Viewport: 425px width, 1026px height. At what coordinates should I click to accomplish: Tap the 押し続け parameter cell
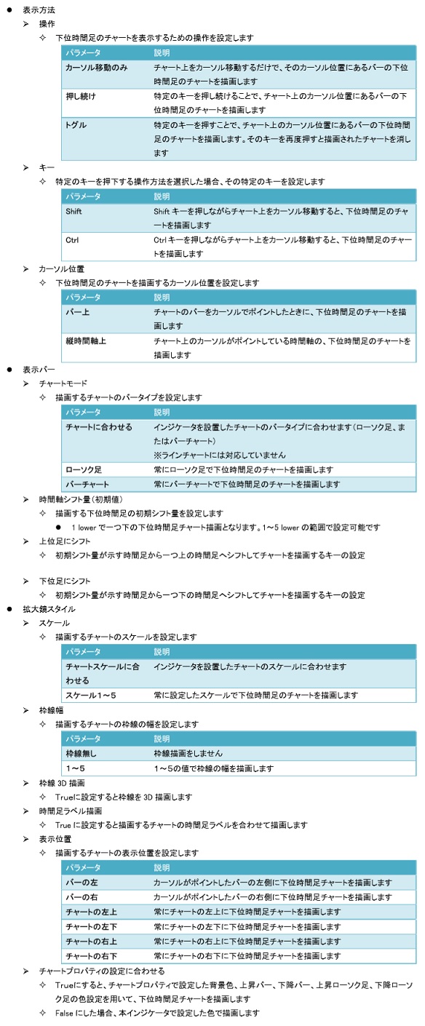point(81,96)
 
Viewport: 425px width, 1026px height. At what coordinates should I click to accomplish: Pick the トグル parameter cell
point(76,125)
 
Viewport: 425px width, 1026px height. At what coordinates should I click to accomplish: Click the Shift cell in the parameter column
point(74,211)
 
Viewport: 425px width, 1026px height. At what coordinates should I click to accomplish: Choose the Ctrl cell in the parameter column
point(71,239)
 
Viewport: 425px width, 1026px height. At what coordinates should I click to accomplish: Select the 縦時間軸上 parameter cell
point(86,340)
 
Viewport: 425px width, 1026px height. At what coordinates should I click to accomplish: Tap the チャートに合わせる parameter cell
point(99,426)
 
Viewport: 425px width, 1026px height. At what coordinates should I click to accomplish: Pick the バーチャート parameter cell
point(87,484)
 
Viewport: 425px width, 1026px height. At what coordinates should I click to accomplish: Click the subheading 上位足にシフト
point(65,541)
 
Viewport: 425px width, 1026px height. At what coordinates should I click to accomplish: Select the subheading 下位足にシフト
point(65,581)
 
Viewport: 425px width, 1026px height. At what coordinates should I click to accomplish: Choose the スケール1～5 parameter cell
point(91,695)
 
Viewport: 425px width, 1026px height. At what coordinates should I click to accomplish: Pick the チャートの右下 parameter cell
point(91,955)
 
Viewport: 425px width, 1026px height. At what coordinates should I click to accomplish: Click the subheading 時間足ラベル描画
point(71,811)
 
